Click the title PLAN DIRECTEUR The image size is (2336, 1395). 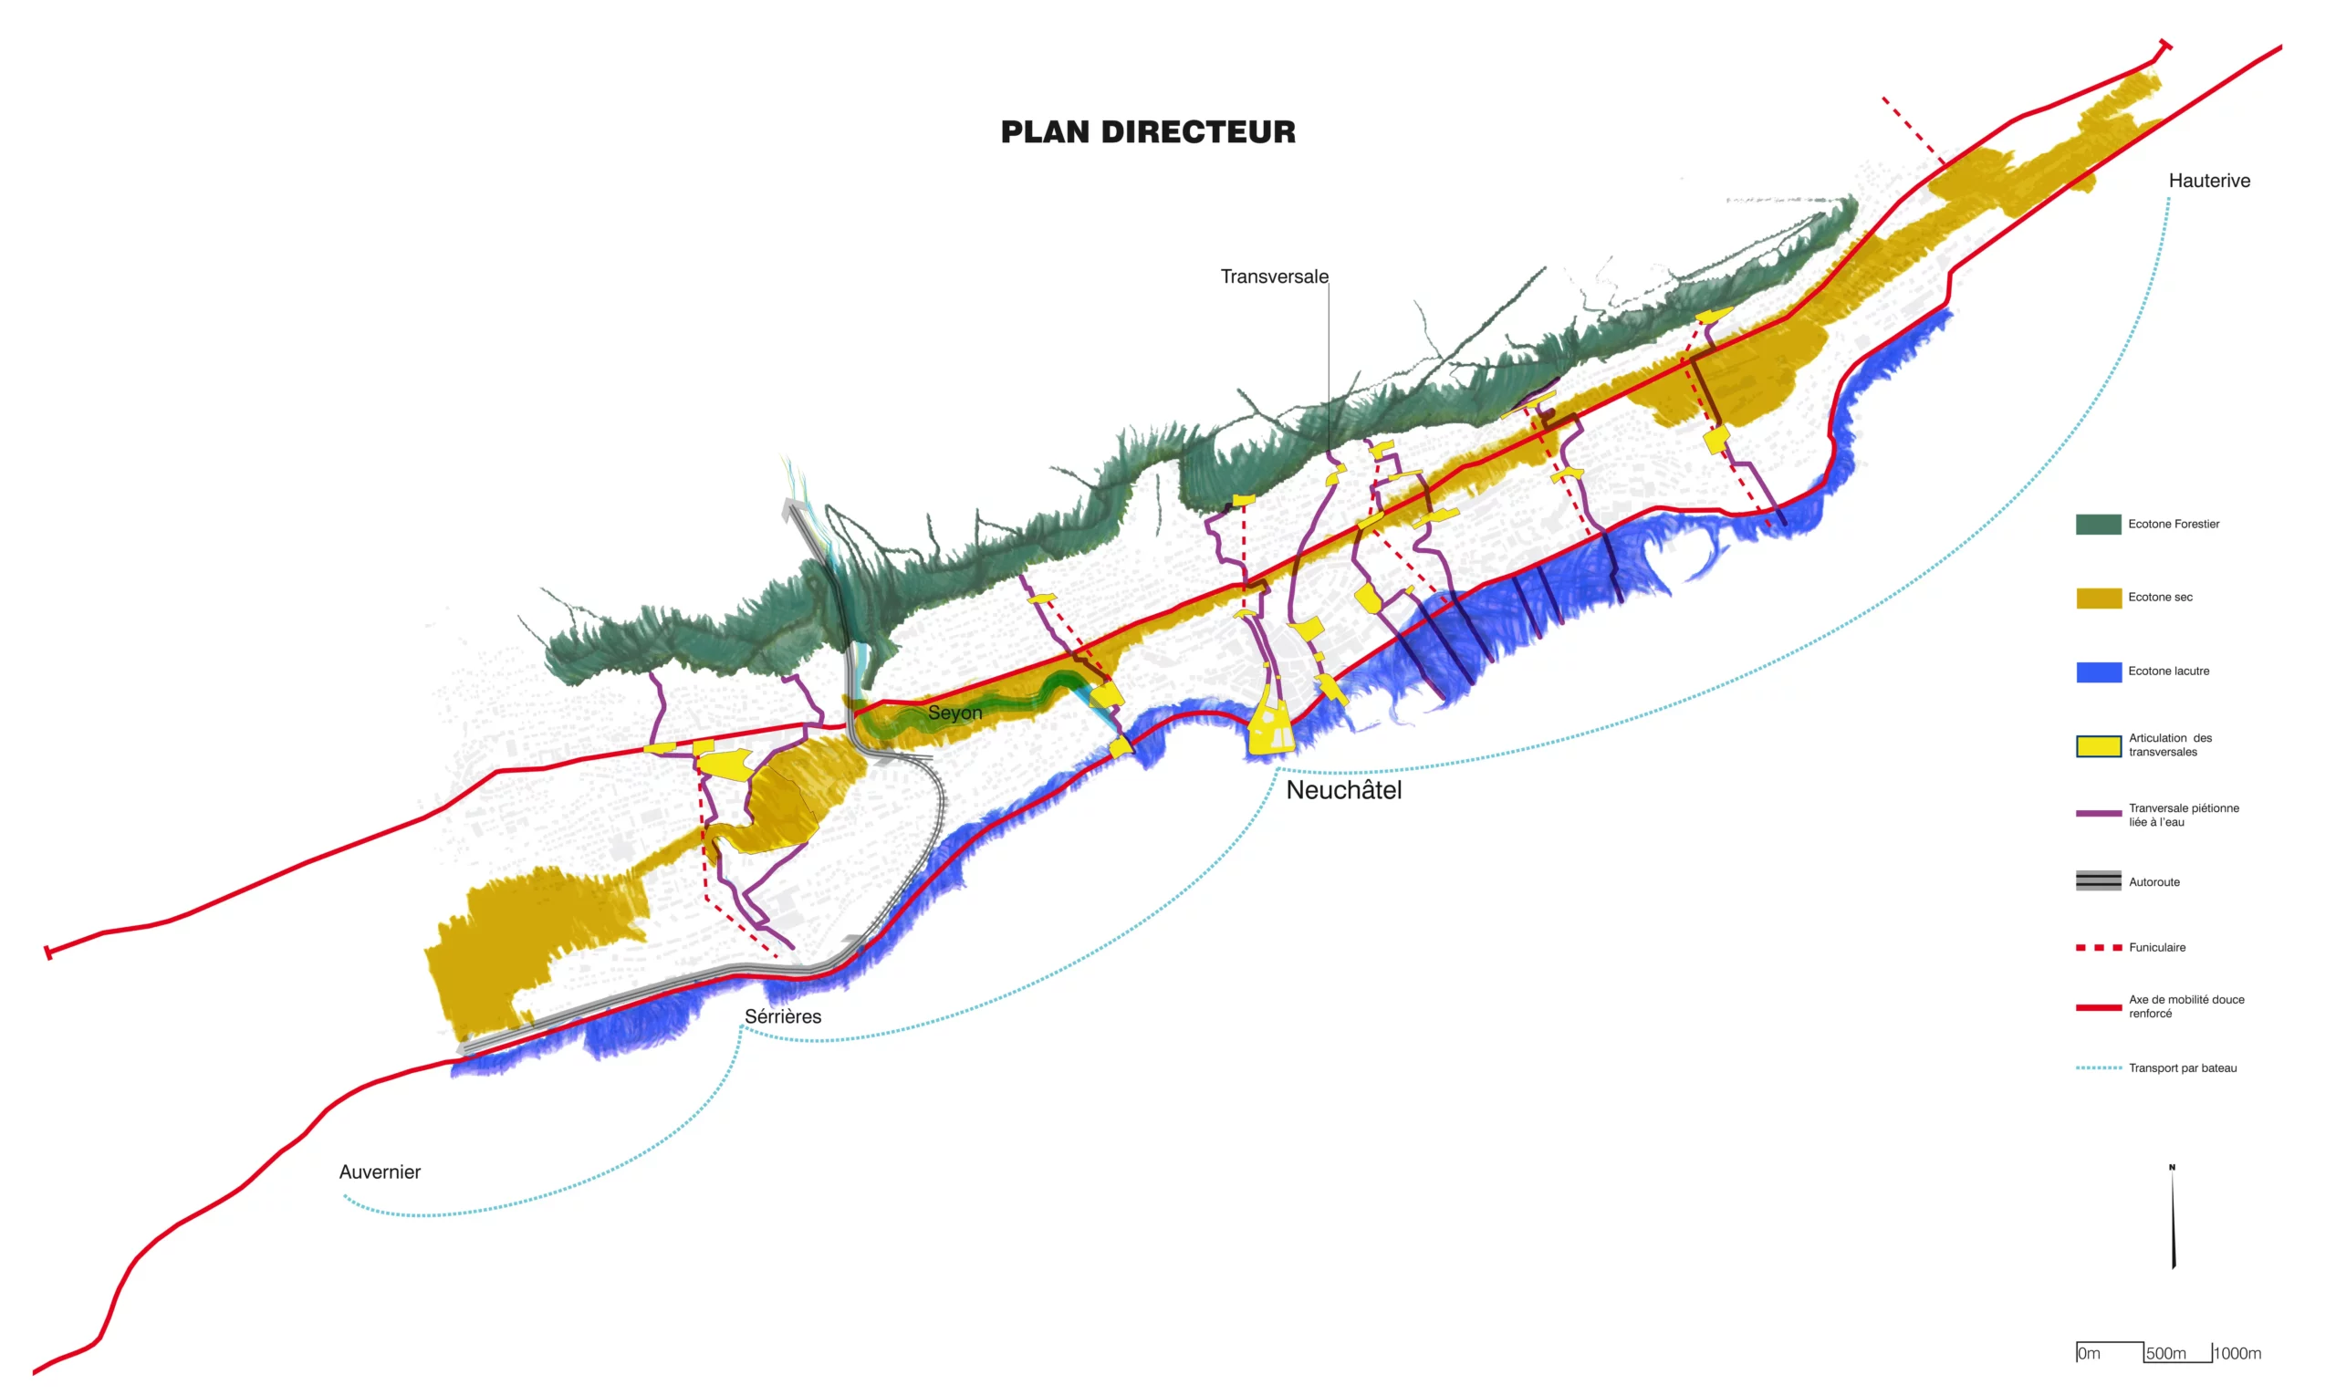pos(1147,132)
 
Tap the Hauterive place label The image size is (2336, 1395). pos(2208,181)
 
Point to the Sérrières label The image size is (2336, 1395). pos(782,1016)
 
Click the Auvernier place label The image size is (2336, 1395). pos(380,1172)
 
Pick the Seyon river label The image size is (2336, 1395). pos(954,713)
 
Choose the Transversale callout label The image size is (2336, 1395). pos(1274,276)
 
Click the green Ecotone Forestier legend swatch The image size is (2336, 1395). pos(2097,525)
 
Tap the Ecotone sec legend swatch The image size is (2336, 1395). pos(2097,598)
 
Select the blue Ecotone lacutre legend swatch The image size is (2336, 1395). pos(2097,671)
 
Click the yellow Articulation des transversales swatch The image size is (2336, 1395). pos(2097,745)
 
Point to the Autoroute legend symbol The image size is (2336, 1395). pos(2097,880)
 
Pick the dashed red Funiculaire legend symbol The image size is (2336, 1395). pos(2097,948)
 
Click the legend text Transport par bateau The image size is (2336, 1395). pos(2182,1067)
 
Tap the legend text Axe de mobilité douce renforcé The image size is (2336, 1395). pos(2185,1005)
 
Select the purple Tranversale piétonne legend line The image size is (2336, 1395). pos(2097,813)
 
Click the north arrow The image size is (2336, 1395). pos(2173,1217)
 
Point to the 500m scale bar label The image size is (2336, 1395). pos(2165,1354)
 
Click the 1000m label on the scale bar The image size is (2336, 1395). pos(2237,1354)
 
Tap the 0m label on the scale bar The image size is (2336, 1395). pos(2089,1354)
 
